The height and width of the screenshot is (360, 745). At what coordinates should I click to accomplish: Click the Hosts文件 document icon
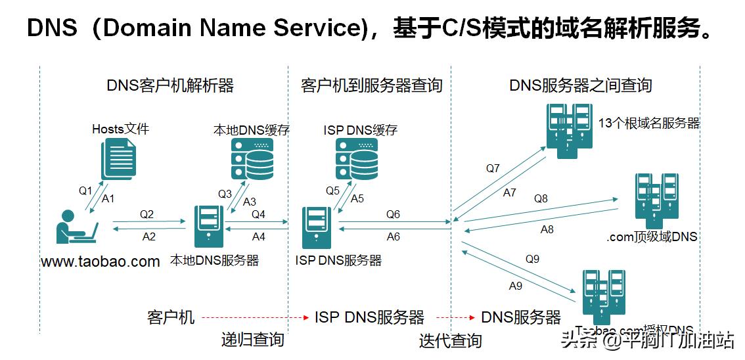pyautogui.click(x=118, y=158)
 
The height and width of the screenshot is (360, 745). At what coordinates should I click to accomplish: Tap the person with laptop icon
pyautogui.click(x=77, y=227)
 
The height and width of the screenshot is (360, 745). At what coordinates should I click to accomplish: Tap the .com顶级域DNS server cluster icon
pyautogui.click(x=656, y=200)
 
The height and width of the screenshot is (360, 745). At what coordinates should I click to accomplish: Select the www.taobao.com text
pyautogui.click(x=101, y=261)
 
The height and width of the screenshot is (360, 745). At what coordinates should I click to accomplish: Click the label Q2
pyautogui.click(x=147, y=214)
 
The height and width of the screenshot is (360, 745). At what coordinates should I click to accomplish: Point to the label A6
pyautogui.click(x=394, y=236)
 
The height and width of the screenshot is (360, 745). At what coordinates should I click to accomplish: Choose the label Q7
pyautogui.click(x=493, y=169)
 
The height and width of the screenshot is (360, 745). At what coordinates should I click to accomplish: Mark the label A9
pyautogui.click(x=516, y=286)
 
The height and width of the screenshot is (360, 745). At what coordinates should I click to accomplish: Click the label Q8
pyautogui.click(x=541, y=198)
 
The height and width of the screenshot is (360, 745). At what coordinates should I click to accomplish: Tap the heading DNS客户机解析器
pyautogui.click(x=170, y=85)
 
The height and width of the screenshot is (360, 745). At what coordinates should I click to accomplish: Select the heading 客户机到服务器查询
pyautogui.click(x=371, y=85)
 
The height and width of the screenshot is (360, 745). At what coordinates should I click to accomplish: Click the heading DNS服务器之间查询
pyautogui.click(x=581, y=85)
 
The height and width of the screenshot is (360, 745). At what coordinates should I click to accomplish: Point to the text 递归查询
pyautogui.click(x=253, y=339)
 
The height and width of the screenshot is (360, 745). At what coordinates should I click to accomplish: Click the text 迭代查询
pyautogui.click(x=451, y=340)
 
